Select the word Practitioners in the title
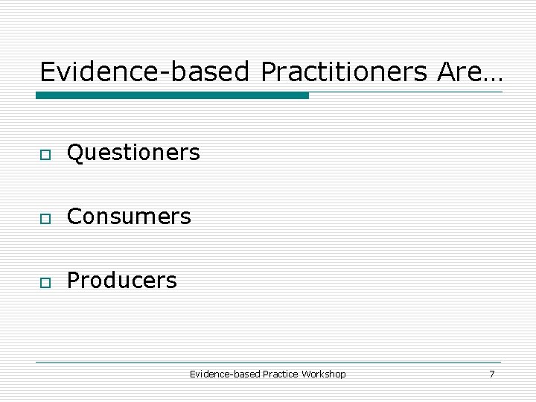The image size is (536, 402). click(345, 72)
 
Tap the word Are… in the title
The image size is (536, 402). click(470, 72)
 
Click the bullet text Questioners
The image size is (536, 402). click(133, 153)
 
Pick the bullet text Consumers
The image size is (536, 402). click(129, 217)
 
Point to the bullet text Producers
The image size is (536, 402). click(122, 281)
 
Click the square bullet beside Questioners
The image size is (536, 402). click(45, 154)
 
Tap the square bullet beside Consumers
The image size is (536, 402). click(45, 218)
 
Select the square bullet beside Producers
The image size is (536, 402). click(45, 282)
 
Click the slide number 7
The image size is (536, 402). click(491, 374)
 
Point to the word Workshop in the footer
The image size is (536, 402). click(324, 374)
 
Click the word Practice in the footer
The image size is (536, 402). click(281, 374)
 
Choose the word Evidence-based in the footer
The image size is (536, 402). click(225, 374)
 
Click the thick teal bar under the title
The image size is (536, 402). click(172, 95)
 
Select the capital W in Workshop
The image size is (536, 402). click(306, 374)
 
